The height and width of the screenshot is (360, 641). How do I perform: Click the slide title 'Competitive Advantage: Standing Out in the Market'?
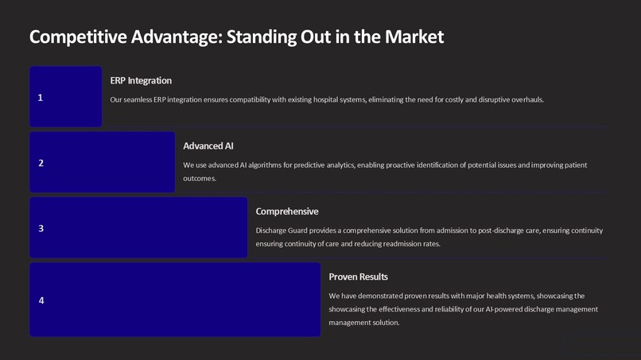coord(236,37)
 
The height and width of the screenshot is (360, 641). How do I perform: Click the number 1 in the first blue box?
coord(41,98)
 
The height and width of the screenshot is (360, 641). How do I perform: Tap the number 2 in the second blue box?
coord(41,163)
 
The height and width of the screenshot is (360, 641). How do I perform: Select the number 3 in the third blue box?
coord(41,229)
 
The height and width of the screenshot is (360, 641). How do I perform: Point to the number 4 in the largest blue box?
coord(41,300)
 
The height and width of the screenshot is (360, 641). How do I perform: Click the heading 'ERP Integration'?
coord(141,80)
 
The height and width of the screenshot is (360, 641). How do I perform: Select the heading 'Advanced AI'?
coord(208,146)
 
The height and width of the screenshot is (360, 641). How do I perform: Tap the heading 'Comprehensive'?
coord(287,211)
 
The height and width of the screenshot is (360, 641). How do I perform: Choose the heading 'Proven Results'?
coord(358,277)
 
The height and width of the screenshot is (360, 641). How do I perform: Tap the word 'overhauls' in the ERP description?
coord(525,99)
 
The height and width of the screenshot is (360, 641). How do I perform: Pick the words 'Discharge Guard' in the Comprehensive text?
coord(282,230)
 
